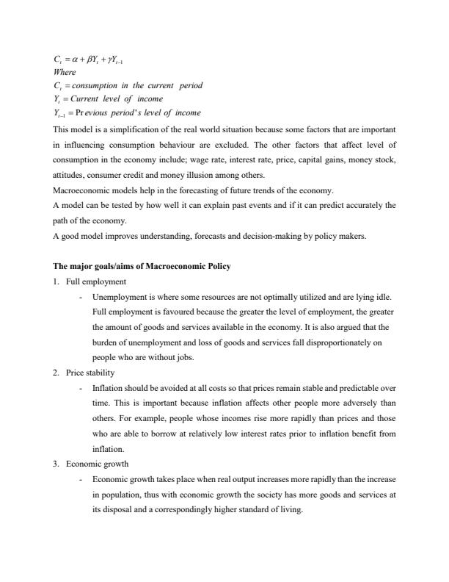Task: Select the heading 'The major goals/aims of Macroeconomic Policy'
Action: pyautogui.click(x=142, y=266)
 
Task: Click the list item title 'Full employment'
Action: pyautogui.click(x=96, y=281)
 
